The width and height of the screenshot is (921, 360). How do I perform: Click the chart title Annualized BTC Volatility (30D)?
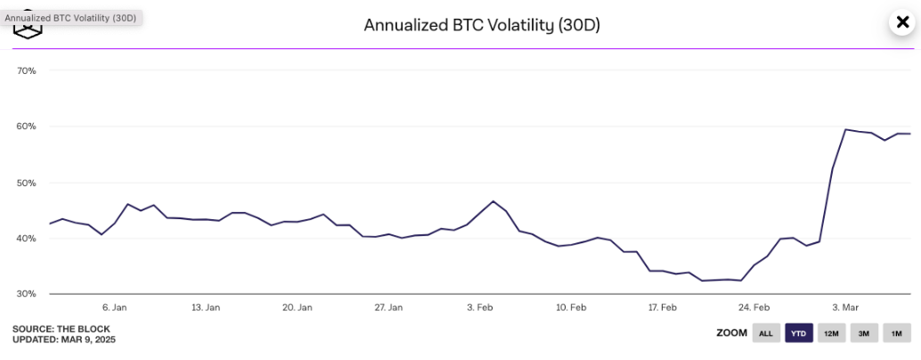[x=482, y=25]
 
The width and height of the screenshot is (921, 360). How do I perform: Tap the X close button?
[x=901, y=22]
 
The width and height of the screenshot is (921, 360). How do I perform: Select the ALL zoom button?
[x=765, y=333]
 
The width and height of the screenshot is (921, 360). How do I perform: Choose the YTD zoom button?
[x=798, y=333]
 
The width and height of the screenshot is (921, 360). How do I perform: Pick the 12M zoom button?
[x=831, y=333]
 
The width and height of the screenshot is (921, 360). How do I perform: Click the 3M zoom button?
[x=863, y=333]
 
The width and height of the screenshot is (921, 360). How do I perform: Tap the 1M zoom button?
[x=896, y=333]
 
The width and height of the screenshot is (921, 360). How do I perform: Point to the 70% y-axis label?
[x=26, y=70]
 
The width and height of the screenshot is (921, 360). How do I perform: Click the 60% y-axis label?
[x=26, y=127]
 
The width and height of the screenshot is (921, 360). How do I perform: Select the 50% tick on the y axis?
[x=26, y=183]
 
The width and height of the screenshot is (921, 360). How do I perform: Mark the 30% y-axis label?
[x=26, y=294]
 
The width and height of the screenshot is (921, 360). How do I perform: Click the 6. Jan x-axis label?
[x=115, y=307]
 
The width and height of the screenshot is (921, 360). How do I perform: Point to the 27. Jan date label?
[x=388, y=307]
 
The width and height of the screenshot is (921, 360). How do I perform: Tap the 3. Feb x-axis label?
[x=480, y=307]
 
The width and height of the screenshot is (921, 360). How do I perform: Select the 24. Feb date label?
[x=754, y=307]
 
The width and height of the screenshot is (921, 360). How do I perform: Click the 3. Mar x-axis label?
[x=845, y=307]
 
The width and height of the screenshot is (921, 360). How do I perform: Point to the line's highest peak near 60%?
[x=845, y=130]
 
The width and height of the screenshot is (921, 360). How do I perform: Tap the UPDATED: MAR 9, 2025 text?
[x=64, y=340]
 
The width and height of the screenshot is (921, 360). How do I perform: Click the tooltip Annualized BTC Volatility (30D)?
[x=70, y=18]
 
